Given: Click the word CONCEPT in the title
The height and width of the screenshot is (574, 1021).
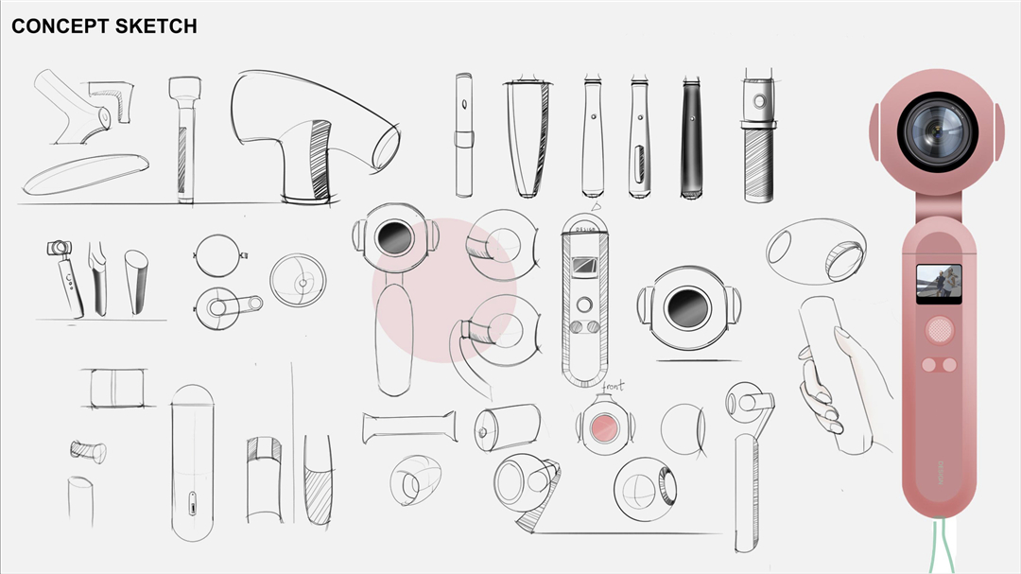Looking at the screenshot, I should tap(60, 26).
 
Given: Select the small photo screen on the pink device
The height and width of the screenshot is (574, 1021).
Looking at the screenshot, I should tap(938, 283).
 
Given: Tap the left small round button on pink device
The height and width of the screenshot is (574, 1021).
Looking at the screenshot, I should tap(928, 365).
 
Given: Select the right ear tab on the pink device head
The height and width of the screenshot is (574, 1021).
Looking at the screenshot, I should tap(997, 130).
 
